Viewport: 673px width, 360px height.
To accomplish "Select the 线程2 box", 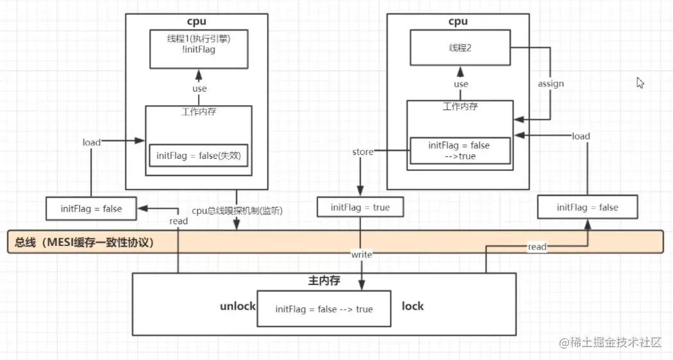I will point(460,47).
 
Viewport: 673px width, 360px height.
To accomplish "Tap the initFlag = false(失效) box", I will point(199,155).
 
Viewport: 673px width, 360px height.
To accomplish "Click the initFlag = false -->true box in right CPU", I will point(459,151).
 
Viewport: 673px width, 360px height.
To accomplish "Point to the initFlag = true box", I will point(360,208).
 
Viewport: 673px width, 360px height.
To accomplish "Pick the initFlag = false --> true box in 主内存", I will point(324,309).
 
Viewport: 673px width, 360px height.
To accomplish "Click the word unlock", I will point(238,306).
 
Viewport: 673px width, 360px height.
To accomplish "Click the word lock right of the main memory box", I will point(412,306).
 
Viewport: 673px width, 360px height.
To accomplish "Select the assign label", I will point(551,84).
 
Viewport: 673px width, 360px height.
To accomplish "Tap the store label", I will point(362,152).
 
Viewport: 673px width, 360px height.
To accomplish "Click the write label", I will point(361,254).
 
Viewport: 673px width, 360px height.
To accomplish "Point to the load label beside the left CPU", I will point(91,142).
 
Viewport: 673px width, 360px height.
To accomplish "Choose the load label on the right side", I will point(581,136).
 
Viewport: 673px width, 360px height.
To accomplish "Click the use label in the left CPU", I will point(199,88).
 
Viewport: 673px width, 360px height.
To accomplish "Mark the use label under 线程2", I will point(460,84).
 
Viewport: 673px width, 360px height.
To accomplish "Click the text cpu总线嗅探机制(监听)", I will point(237,211).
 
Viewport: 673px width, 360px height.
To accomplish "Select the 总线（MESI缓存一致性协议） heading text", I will point(84,243).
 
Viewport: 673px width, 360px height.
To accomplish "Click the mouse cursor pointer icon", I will point(640,83).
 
